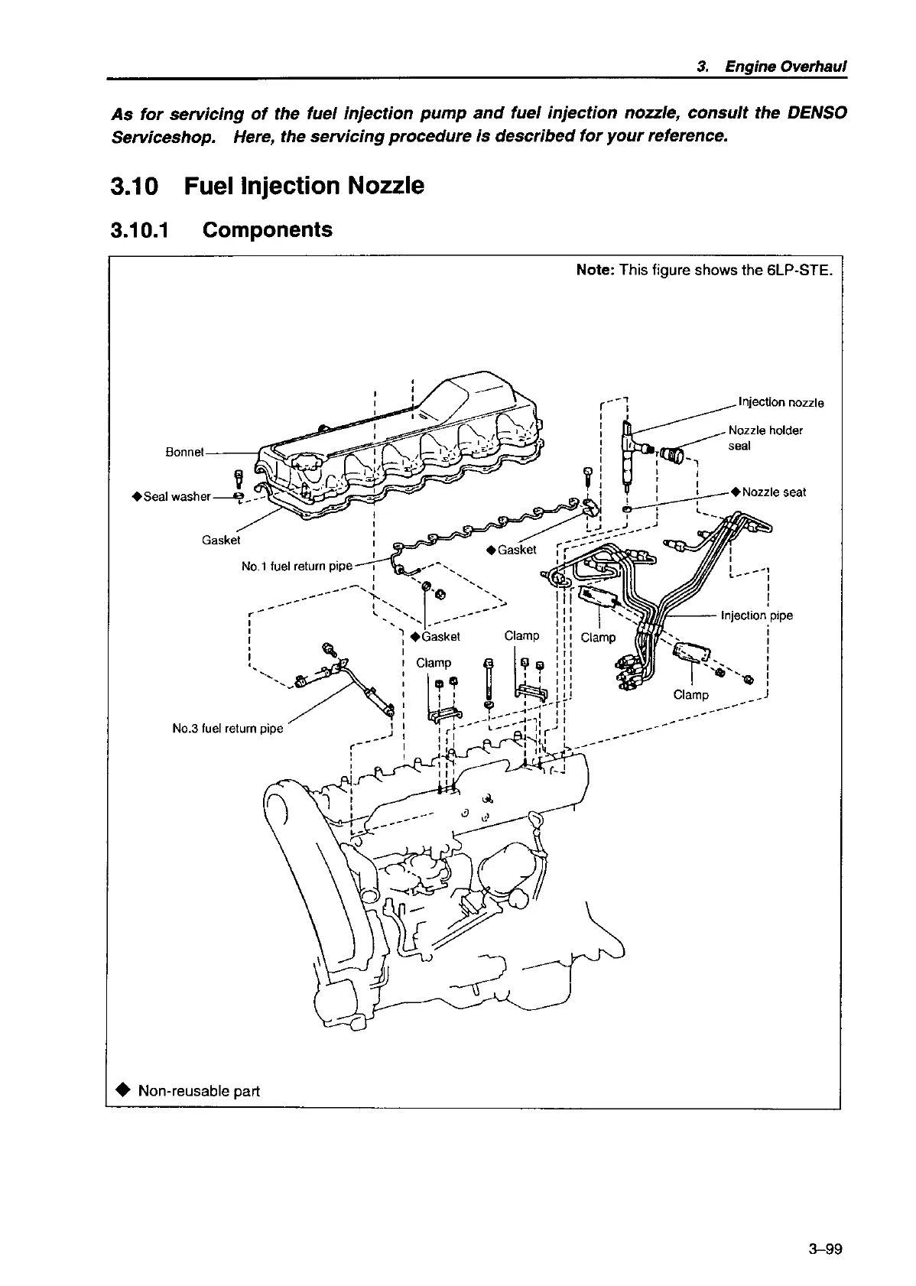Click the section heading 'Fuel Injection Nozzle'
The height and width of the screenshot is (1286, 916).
tap(304, 186)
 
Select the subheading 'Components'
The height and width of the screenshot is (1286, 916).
tap(267, 230)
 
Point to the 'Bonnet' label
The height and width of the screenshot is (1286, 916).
tap(185, 452)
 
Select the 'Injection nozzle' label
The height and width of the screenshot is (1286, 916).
tap(780, 403)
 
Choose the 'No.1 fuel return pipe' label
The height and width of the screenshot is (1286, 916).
tap(297, 567)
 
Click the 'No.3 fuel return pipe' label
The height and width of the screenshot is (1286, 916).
tap(228, 729)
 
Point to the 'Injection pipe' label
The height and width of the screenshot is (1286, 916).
tap(757, 615)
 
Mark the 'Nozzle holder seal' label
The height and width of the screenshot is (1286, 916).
tap(764, 437)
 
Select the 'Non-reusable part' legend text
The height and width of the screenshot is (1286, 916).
tap(199, 1090)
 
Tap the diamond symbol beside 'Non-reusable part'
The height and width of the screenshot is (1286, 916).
tap(124, 1090)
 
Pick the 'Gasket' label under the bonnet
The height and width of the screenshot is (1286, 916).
tap(221, 540)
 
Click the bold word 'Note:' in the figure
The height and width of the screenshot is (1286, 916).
tap(596, 270)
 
